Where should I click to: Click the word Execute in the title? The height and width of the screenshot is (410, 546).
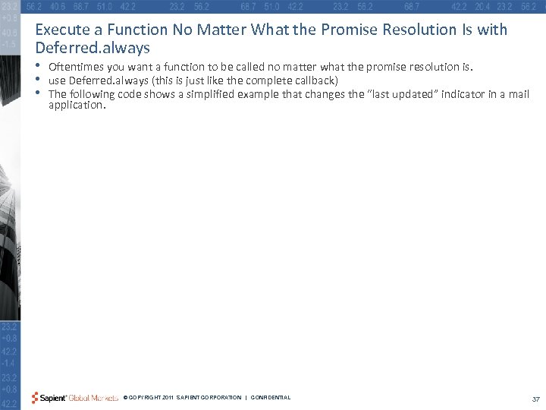pyautogui.click(x=61, y=30)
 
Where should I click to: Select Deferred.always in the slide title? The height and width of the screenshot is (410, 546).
pyautogui.click(x=93, y=47)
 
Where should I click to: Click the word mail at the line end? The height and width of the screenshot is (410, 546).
pyautogui.click(x=518, y=94)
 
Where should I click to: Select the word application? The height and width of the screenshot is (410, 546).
pyautogui.click(x=76, y=105)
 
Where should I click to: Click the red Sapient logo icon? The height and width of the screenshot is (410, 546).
pyautogui.click(x=35, y=398)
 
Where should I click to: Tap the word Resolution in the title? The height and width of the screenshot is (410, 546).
pyautogui.click(x=386, y=30)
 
